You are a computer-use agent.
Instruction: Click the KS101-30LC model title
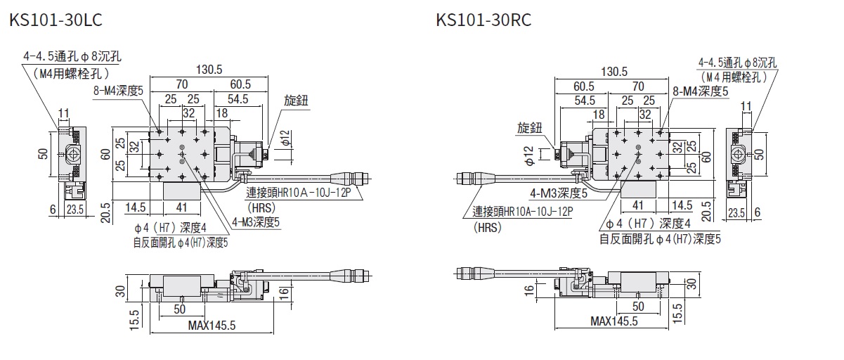pos(56,20)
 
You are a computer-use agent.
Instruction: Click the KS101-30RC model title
pos(483,20)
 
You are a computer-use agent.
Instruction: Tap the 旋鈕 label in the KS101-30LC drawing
pos(297,101)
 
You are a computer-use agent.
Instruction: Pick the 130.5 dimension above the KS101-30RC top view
pos(615,72)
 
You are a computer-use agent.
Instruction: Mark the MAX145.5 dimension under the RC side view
pos(613,321)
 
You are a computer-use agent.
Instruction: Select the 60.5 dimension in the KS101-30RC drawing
pos(583,86)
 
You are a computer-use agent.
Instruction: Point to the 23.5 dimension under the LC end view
pos(74,209)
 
